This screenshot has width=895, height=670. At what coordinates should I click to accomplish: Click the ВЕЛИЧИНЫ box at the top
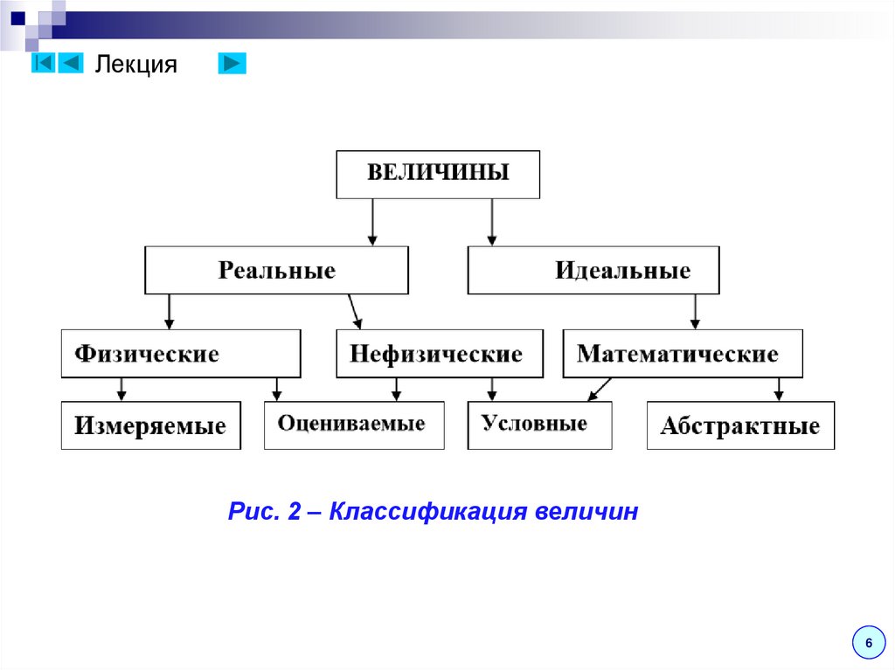point(438,174)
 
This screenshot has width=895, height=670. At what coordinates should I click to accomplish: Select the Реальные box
point(276,270)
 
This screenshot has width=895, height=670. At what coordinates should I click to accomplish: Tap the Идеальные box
point(593,270)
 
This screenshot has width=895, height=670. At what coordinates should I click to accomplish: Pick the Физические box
point(181,353)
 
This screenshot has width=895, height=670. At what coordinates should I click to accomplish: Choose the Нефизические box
point(439,353)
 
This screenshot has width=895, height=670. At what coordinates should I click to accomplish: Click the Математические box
point(682,353)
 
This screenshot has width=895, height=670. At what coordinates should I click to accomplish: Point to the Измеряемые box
point(150,425)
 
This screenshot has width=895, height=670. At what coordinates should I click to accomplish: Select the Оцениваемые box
point(354,425)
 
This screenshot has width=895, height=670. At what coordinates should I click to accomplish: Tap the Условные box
point(539,425)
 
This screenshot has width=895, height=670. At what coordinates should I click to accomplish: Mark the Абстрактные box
point(740,425)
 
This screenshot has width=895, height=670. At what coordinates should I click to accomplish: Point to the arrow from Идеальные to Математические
point(695,311)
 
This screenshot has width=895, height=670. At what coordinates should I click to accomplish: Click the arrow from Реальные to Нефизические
point(354,311)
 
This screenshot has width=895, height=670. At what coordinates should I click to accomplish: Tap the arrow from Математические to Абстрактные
point(778,389)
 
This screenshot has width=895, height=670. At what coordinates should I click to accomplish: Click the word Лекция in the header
point(135,65)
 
